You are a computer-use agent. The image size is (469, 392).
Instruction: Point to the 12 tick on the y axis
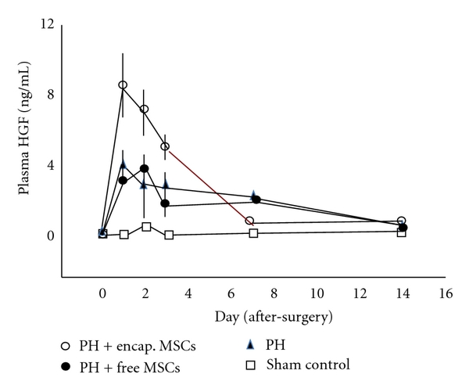pyautogui.click(x=48, y=25)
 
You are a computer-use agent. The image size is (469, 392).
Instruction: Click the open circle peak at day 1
pyautogui.click(x=123, y=85)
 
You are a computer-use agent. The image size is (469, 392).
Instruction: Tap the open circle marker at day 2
pyautogui.click(x=145, y=109)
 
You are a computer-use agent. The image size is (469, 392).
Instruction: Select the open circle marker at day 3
pyautogui.click(x=166, y=146)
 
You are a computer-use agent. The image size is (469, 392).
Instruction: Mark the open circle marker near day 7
pyautogui.click(x=249, y=221)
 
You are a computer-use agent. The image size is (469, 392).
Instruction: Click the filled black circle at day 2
pyautogui.click(x=145, y=168)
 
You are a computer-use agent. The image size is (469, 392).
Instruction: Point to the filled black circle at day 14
pyautogui.click(x=403, y=228)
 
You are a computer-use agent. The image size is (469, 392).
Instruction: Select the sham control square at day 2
pyautogui.click(x=146, y=227)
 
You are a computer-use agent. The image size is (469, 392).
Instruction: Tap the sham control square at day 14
pyautogui.click(x=402, y=232)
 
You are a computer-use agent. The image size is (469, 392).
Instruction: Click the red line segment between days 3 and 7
pyautogui.click(x=208, y=184)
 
